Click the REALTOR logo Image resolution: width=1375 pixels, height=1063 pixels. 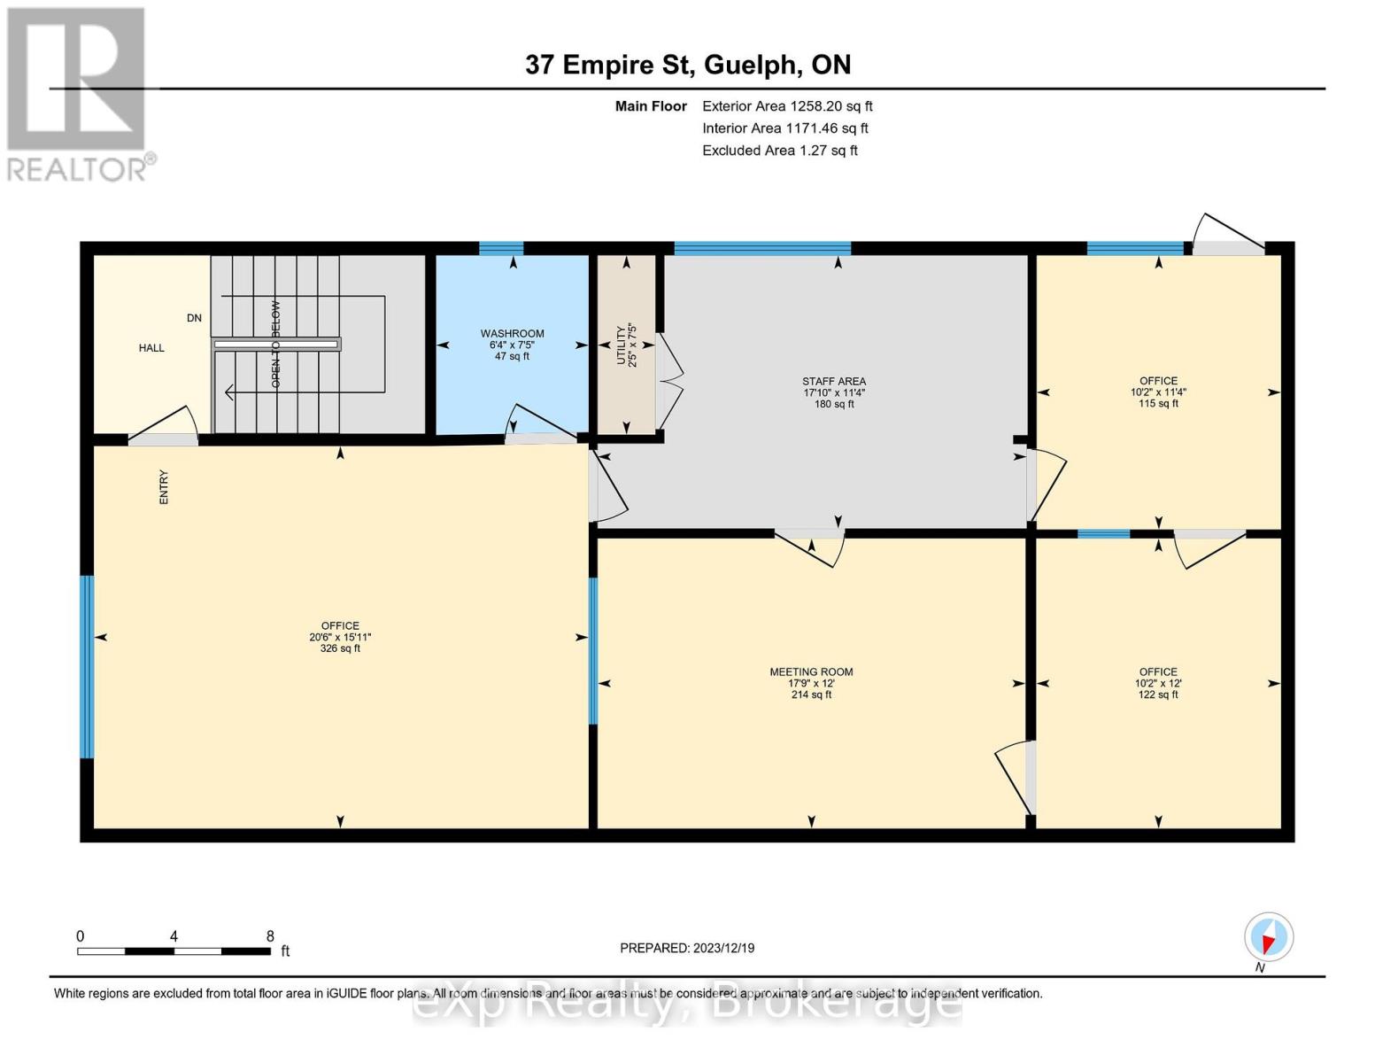78,94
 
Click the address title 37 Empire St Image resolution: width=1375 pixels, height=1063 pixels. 688,65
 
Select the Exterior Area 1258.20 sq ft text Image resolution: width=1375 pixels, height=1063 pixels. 787,106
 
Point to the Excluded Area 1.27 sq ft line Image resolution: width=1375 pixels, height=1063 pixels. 779,151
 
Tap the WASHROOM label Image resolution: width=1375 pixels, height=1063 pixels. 512,334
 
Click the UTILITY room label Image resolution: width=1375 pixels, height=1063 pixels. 627,344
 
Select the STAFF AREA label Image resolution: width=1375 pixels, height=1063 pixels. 834,382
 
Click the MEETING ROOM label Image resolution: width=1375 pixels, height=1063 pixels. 811,672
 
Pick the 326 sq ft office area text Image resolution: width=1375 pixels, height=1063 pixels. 340,648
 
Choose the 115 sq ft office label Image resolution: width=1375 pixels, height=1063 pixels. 1158,404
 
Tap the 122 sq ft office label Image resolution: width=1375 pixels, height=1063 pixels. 1158,694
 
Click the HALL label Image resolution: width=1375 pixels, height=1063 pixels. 151,348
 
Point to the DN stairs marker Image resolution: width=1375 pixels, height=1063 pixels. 194,318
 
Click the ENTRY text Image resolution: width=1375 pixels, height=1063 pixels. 164,487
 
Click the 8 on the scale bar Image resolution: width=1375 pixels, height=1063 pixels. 270,936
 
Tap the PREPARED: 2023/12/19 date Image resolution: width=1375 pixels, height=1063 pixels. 687,948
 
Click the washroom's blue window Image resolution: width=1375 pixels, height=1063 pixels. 501,249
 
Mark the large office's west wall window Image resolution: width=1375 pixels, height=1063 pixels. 87,667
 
